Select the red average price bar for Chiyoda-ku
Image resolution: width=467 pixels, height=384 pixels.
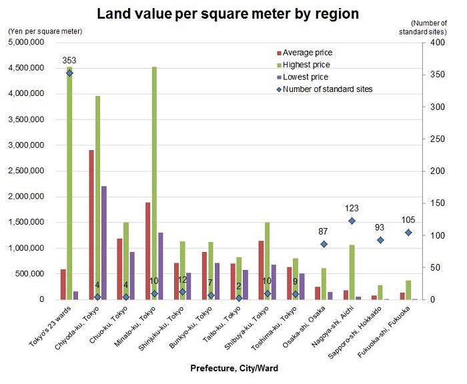click(91, 225)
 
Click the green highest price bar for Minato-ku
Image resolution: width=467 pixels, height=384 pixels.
click(154, 183)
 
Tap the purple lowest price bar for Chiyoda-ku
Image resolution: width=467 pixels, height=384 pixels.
click(104, 243)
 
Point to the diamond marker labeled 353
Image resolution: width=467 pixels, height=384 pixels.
click(69, 73)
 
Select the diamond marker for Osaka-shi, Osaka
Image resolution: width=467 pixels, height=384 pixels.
click(324, 244)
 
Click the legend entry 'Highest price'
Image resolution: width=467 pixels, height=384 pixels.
click(306, 65)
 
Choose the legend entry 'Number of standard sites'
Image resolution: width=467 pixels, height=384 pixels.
click(327, 89)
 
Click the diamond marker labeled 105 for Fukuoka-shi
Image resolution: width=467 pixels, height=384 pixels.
click(408, 232)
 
